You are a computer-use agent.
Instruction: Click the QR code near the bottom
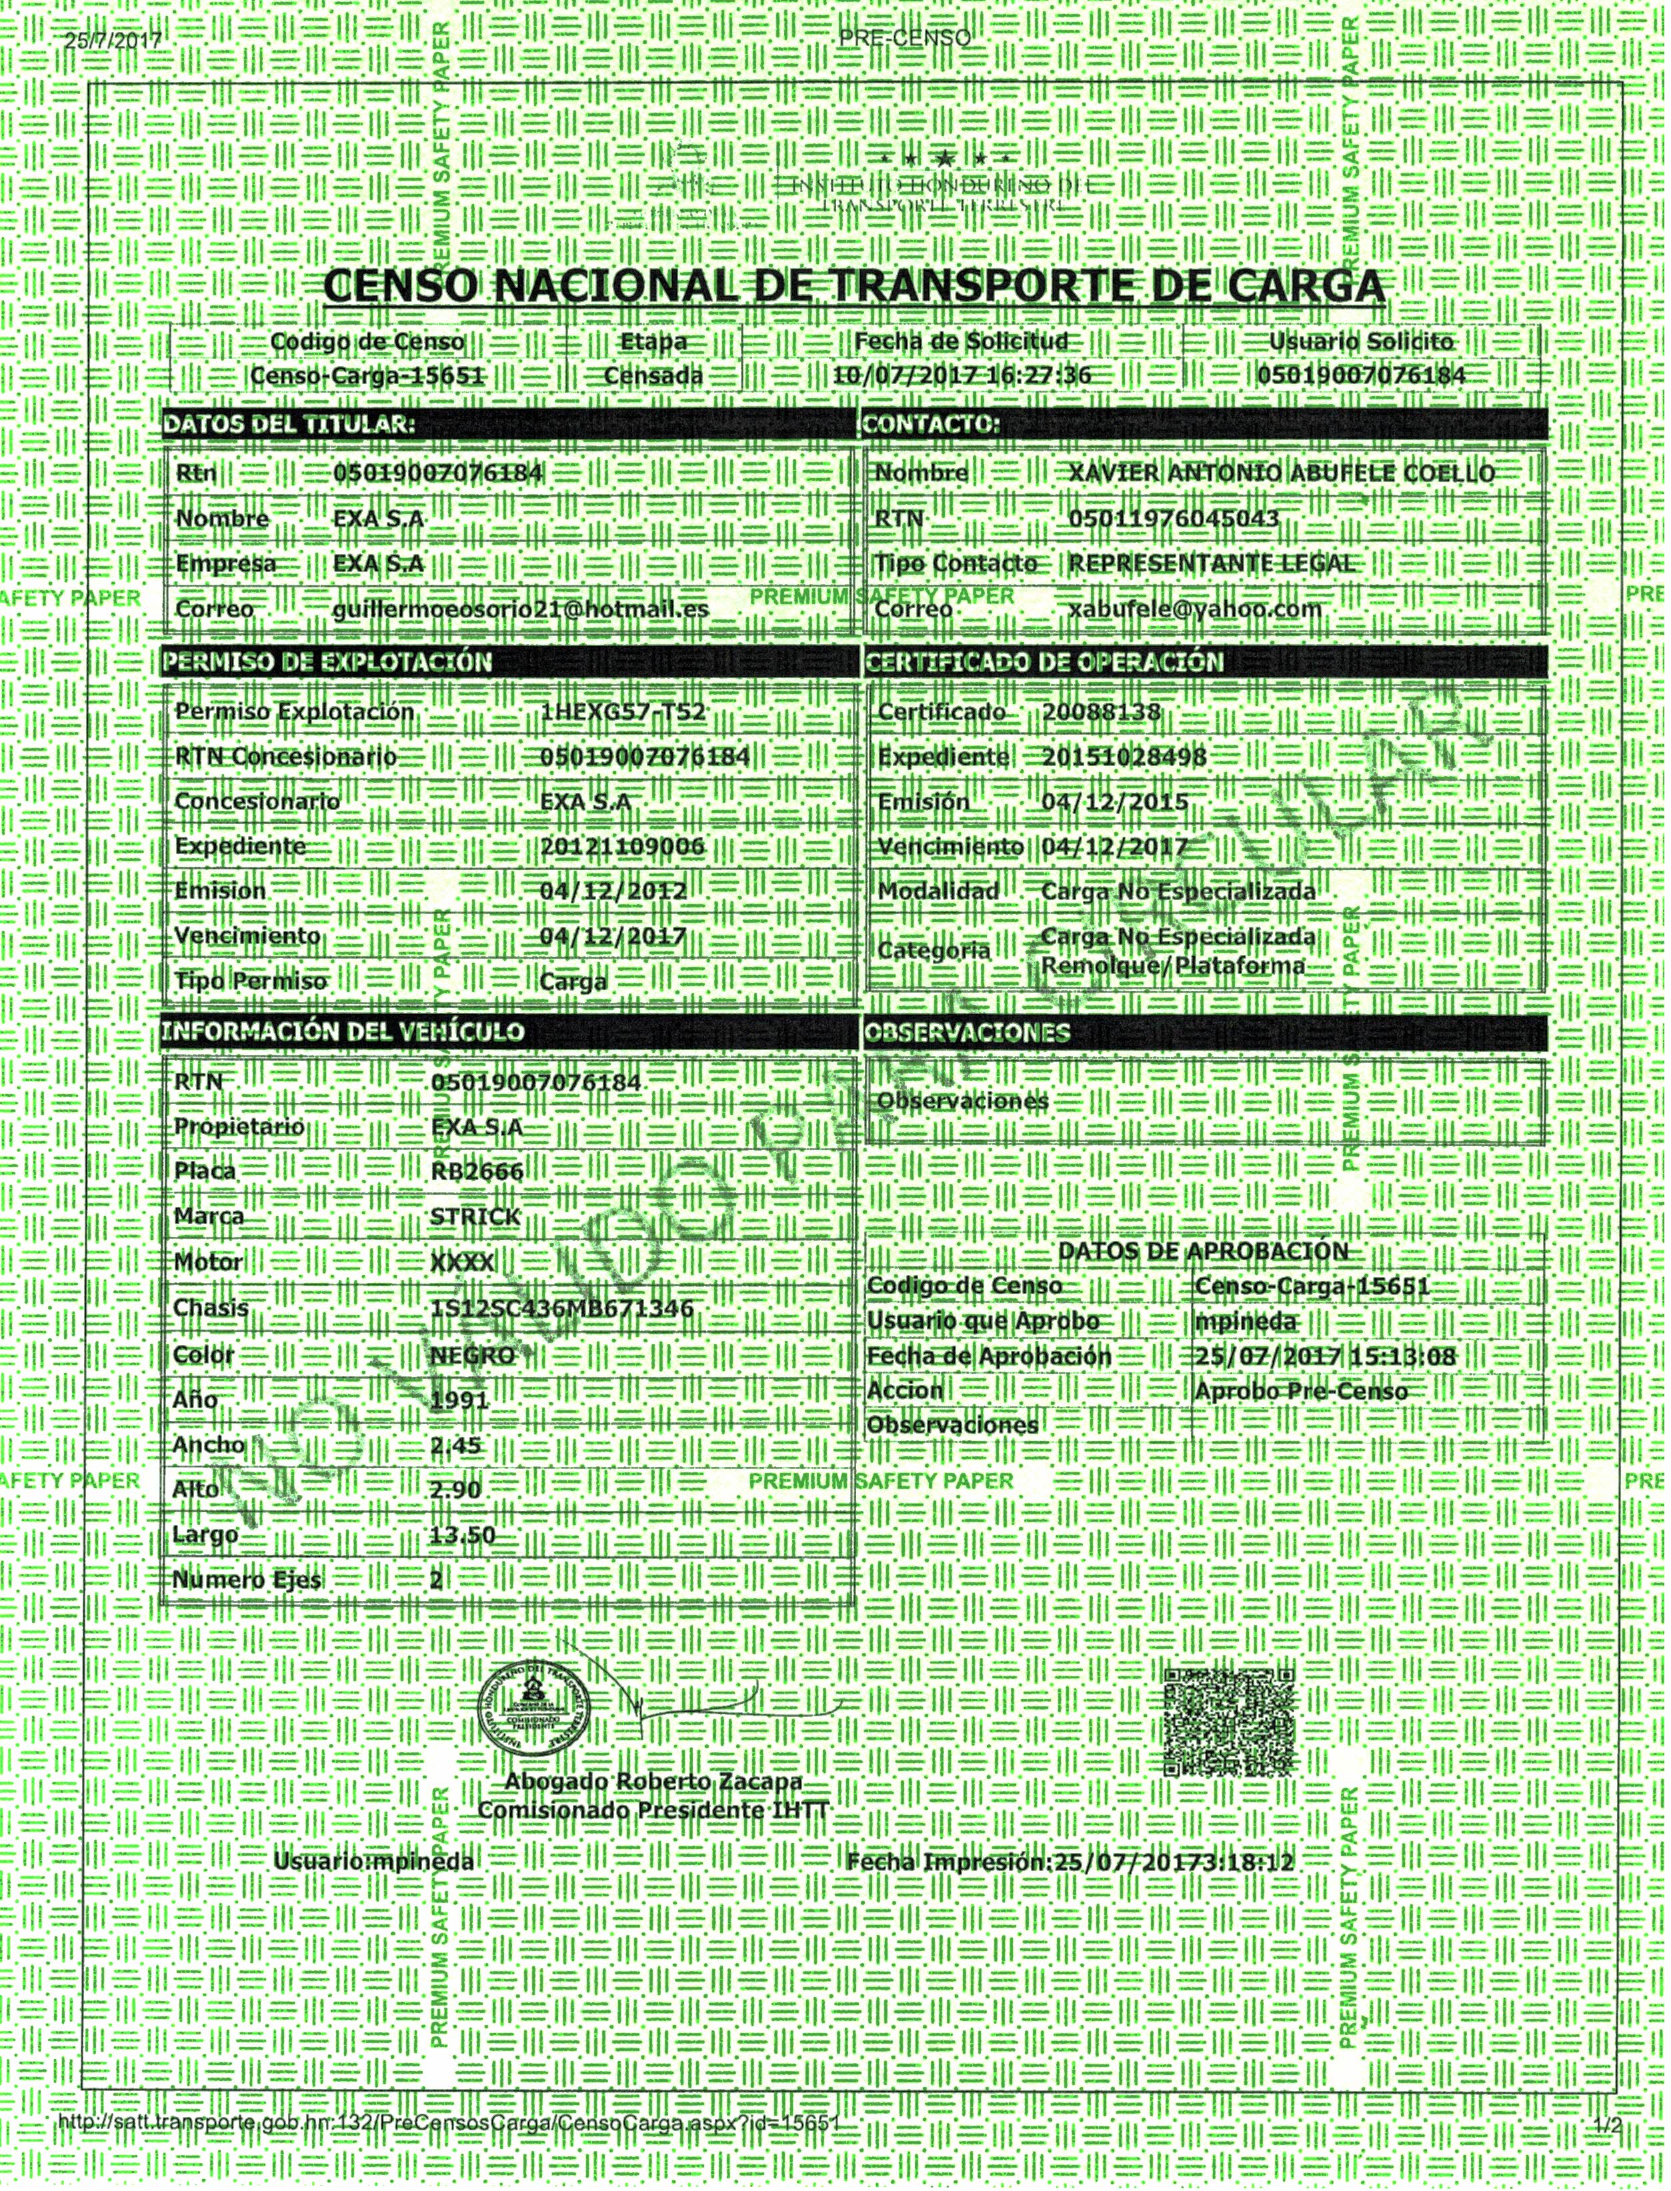pyautogui.click(x=1230, y=1722)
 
